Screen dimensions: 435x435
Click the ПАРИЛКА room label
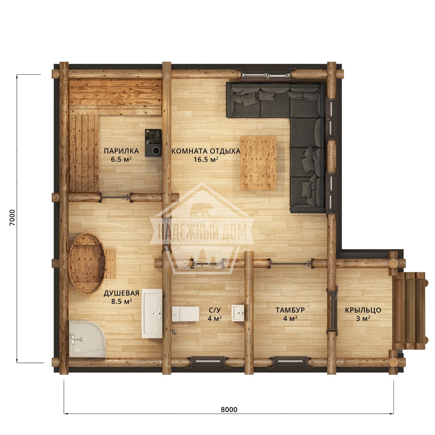click(121, 151)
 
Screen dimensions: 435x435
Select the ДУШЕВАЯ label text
click(121, 293)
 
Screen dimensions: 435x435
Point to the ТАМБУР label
click(290, 310)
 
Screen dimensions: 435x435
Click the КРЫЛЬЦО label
click(363, 310)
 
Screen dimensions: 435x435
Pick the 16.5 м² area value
click(206, 159)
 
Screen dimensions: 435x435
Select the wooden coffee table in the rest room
click(258, 163)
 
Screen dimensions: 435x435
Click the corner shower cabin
click(87, 338)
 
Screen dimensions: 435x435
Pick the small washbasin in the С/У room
click(238, 313)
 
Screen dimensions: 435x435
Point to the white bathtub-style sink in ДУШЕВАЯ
click(152, 313)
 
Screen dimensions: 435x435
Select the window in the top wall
click(266, 74)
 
